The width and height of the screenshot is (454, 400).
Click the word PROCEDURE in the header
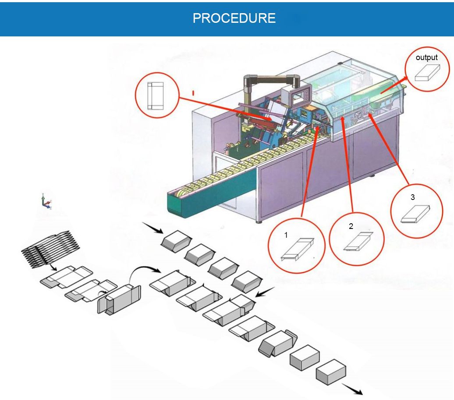234,18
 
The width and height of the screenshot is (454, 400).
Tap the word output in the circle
426,57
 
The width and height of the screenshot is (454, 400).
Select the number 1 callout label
286,235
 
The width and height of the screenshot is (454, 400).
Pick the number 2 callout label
351,226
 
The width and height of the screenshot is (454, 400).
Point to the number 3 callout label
412,197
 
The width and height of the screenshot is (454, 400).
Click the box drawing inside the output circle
427,73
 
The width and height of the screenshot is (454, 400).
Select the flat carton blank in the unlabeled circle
156,95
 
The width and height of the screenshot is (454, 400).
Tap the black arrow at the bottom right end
353,388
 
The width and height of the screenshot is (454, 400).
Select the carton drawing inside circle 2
358,241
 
